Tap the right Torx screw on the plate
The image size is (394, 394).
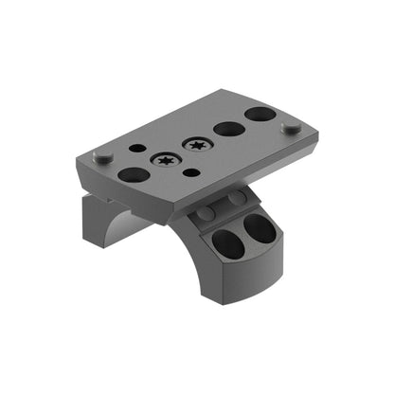point(197,145)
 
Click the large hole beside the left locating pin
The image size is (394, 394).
point(134,174)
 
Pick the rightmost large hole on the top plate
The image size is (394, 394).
point(260,115)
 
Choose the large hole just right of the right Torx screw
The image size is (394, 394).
point(227,129)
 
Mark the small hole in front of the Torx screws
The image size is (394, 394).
point(192,172)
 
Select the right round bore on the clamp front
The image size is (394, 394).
point(257,228)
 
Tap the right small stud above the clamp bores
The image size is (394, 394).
point(232,199)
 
